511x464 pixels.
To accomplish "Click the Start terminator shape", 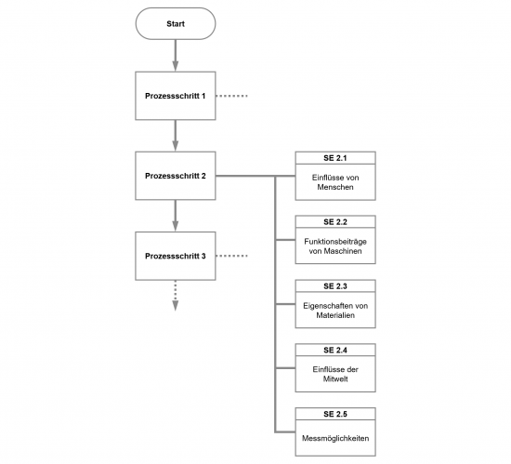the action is point(176,24).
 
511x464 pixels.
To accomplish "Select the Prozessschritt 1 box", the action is point(176,96).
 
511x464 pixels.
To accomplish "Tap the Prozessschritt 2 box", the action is point(176,176).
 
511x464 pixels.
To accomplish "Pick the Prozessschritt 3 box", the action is point(176,256).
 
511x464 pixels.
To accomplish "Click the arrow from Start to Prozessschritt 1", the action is point(176,56).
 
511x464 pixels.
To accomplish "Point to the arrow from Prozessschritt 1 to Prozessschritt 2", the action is point(176,136).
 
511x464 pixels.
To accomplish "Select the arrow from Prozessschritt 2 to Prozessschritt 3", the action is point(176,216).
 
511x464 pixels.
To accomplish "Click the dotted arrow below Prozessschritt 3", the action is point(176,296).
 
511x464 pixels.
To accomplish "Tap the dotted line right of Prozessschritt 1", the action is point(231,96).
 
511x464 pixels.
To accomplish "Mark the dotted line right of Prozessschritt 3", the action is point(231,256).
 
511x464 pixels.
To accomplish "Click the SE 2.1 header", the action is point(335,158).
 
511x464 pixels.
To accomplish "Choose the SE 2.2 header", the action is point(335,222).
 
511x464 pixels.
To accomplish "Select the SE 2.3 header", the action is point(335,286).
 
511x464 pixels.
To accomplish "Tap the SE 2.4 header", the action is point(335,350).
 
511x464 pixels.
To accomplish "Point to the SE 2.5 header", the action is point(335,414).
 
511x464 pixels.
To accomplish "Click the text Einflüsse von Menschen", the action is point(335,182).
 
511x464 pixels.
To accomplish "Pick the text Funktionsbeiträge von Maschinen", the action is point(335,246).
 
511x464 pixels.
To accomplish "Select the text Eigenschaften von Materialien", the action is point(335,311).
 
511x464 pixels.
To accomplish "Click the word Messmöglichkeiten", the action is point(335,438).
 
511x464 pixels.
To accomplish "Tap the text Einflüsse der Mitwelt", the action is point(335,374).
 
